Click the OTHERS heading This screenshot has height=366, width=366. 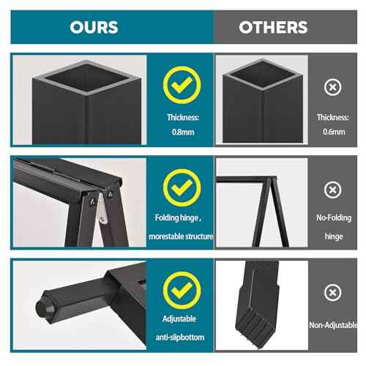click(x=273, y=27)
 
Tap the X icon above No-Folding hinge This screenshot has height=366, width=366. click(x=333, y=190)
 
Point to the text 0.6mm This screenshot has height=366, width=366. click(x=333, y=132)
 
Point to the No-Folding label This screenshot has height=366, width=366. click(x=333, y=218)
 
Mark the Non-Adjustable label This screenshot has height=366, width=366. click(x=333, y=324)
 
